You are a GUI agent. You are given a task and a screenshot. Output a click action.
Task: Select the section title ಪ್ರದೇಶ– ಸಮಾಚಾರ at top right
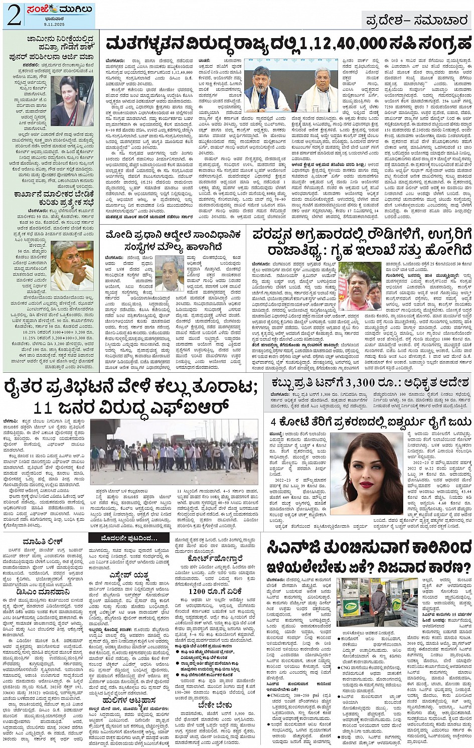pyautogui.click(x=416, y=21)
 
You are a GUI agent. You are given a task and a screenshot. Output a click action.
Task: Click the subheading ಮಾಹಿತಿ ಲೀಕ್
pyautogui.click(x=41, y=541)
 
